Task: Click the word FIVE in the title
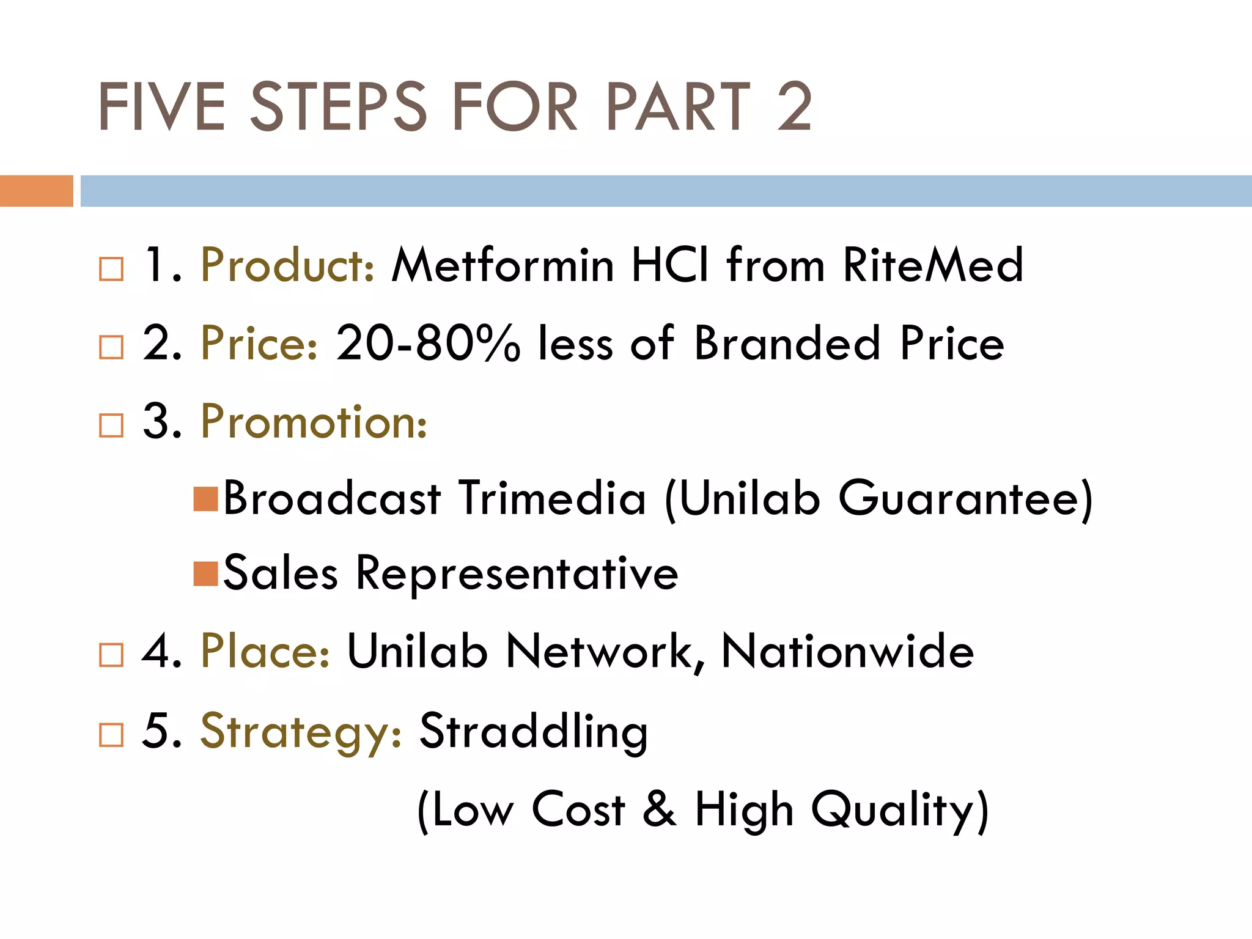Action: tap(162, 107)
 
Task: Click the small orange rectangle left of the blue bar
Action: tap(36, 191)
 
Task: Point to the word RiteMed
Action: tap(933, 266)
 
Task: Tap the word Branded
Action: tap(787, 344)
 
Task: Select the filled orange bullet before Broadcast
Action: tap(205, 499)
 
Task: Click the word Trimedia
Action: tap(552, 499)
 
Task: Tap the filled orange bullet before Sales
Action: tap(205, 574)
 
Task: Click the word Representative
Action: tap(517, 574)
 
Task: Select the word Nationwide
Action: tap(847, 652)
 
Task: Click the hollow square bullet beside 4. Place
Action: tap(111, 655)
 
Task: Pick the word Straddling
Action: tap(533, 731)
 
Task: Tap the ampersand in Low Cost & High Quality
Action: tap(659, 809)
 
